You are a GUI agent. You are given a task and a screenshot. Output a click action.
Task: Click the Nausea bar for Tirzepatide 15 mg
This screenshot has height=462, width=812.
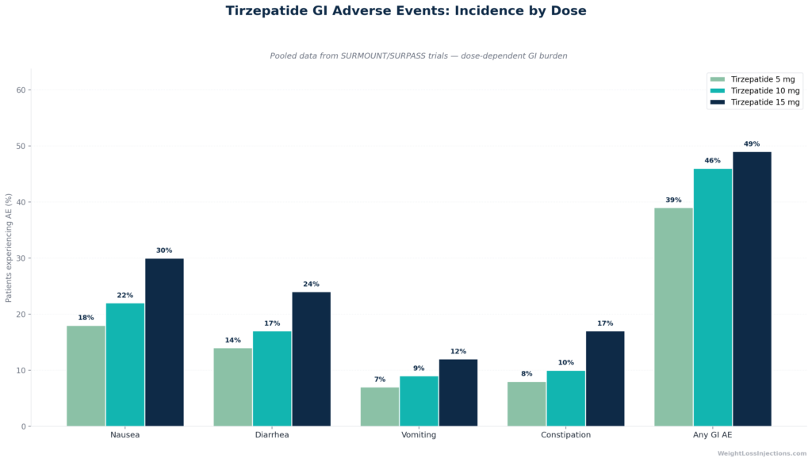[164, 342]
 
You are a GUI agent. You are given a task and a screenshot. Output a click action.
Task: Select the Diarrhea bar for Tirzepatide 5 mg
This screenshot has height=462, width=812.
[233, 387]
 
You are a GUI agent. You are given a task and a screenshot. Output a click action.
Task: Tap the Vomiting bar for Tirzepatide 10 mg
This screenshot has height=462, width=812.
[419, 401]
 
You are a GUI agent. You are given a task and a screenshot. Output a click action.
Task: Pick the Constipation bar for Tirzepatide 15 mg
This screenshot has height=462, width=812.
[605, 379]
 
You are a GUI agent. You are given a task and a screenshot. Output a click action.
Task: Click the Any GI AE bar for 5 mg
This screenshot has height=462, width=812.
[674, 317]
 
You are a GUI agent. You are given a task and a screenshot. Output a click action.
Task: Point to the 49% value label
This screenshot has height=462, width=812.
[752, 143]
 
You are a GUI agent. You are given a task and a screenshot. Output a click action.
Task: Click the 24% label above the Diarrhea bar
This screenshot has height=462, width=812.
[311, 284]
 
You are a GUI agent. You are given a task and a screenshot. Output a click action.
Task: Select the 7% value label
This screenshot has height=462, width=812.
[380, 380]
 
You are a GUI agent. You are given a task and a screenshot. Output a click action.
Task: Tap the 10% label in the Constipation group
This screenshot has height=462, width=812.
[566, 363]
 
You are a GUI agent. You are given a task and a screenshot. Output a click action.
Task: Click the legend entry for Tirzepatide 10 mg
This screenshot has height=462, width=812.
[755, 90]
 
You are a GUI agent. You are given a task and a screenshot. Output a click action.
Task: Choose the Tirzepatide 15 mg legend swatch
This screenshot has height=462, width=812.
[718, 102]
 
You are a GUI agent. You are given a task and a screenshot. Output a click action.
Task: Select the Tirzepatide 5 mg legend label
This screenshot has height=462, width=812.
[763, 79]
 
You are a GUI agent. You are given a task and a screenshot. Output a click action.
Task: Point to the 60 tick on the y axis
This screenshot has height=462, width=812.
[21, 90]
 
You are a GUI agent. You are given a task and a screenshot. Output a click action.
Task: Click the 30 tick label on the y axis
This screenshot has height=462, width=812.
[21, 258]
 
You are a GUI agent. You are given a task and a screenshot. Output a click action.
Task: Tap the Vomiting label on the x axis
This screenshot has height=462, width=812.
[419, 434]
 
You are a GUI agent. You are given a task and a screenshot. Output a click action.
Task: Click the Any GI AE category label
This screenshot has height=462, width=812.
[713, 434]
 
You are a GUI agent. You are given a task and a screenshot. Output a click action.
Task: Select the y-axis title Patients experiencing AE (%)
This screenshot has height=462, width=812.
[8, 248]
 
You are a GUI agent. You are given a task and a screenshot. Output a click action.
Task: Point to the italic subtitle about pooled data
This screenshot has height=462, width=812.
[419, 56]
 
